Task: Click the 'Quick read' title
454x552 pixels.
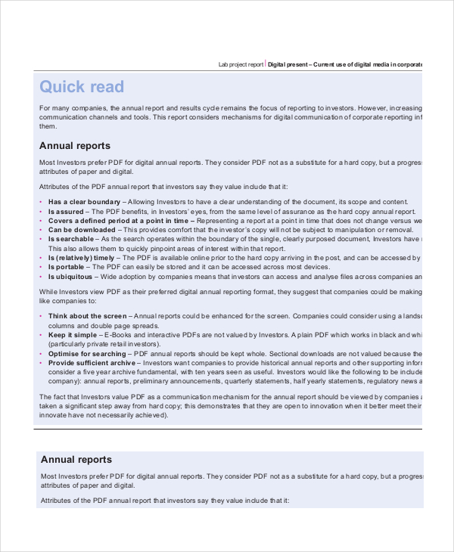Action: pyautogui.click(x=81, y=87)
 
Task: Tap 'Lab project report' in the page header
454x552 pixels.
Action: pyautogui.click(x=241, y=65)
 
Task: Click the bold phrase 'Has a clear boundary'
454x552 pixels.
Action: pyautogui.click(x=84, y=202)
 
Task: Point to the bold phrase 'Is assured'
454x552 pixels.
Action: pyautogui.click(x=67, y=212)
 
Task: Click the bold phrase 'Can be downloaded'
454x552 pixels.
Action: pyautogui.click(x=82, y=230)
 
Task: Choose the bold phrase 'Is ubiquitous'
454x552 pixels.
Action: pyautogui.click(x=73, y=277)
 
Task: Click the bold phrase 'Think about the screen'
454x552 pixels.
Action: pyautogui.click(x=88, y=315)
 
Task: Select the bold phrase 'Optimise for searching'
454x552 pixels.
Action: pyautogui.click(x=88, y=353)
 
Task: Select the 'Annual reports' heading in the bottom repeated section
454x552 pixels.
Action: pyautogui.click(x=76, y=459)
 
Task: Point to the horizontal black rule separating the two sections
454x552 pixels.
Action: pyautogui.click(x=227, y=428)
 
